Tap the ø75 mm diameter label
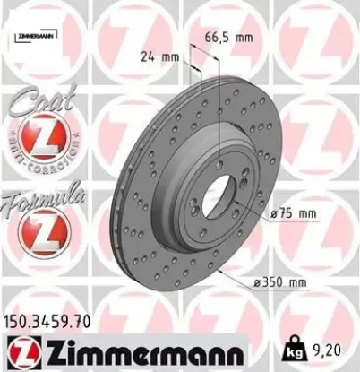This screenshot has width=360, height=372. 295,212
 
